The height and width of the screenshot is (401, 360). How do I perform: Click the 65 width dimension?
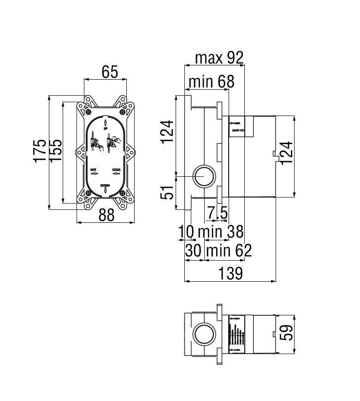[110, 72]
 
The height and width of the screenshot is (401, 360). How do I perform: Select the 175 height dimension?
[41, 150]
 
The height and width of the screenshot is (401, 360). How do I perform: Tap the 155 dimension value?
[55, 150]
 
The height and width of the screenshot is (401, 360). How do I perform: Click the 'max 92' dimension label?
[218, 58]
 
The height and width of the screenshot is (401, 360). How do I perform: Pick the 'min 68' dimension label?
[211, 82]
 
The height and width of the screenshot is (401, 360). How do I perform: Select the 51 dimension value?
[168, 192]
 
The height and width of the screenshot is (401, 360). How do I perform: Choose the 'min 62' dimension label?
[229, 251]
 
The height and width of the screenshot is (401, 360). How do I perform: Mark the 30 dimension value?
[194, 251]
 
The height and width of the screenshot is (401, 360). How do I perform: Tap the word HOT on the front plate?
[94, 170]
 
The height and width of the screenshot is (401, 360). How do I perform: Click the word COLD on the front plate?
[116, 170]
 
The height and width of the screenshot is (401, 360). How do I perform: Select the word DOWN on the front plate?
[105, 185]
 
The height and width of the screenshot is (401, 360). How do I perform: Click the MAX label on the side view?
[236, 131]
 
